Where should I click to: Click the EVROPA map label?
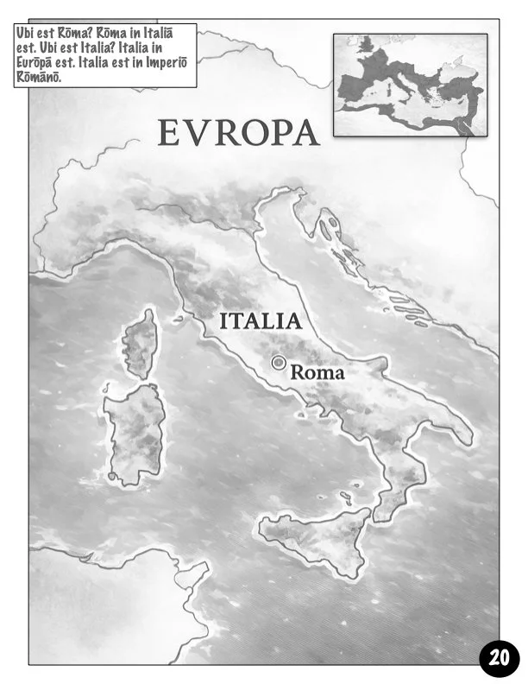(238, 133)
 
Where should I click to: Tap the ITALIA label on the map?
(260, 321)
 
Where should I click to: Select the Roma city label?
(317, 373)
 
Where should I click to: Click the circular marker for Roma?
(278, 363)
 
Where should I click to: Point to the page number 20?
(499, 656)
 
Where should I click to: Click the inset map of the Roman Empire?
(410, 85)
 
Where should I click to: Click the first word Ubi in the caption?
(28, 32)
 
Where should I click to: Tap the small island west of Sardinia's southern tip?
(111, 474)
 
